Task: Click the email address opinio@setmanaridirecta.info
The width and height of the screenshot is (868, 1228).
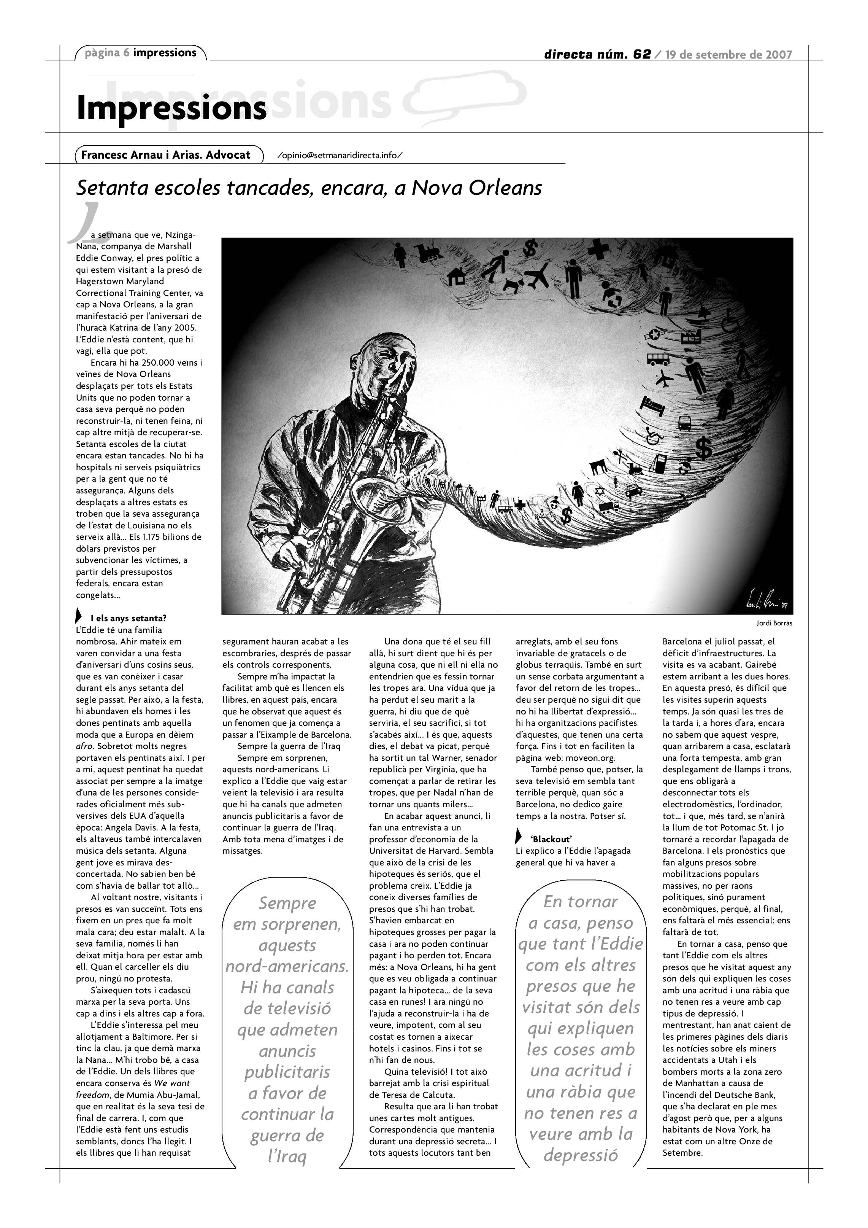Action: [340, 156]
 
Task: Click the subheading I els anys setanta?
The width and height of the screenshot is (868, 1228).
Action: [128, 618]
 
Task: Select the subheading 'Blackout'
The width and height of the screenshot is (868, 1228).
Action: [551, 839]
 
